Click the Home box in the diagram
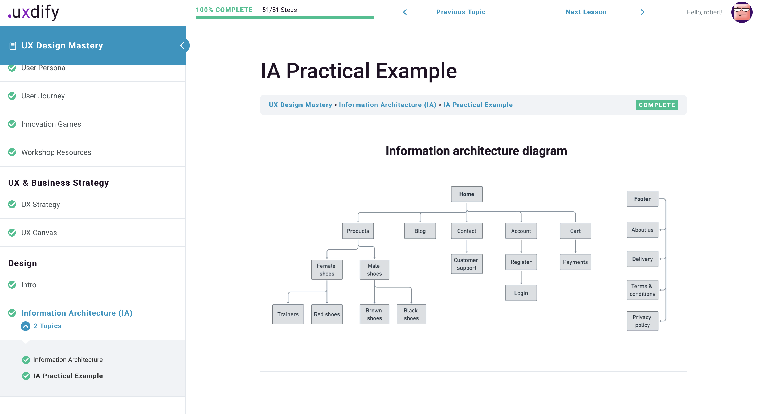(467, 194)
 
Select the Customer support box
(467, 264)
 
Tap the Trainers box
(288, 314)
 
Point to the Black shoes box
(411, 314)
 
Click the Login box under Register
(521, 293)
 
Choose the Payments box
(575, 262)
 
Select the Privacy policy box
(642, 321)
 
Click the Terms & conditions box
(642, 290)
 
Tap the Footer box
(642, 199)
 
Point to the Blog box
(420, 231)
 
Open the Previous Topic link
(460, 12)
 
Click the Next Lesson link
(586, 12)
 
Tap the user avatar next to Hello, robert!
(741, 12)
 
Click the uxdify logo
(34, 13)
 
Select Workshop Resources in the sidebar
(56, 152)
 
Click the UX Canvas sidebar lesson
(39, 233)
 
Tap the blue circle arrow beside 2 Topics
(25, 326)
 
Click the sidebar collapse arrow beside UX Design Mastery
(182, 45)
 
